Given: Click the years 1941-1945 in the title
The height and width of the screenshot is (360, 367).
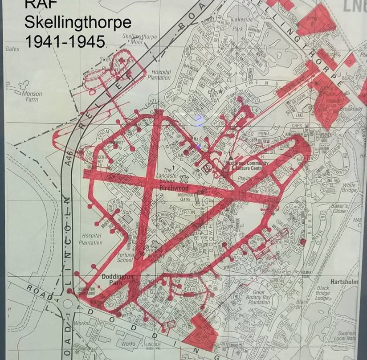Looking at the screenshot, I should point(65,41).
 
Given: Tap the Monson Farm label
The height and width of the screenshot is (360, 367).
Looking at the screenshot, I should point(31,97).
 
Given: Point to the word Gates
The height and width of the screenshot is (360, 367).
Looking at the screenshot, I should point(12,49).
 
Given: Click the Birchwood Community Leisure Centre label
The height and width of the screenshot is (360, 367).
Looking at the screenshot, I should point(247,166).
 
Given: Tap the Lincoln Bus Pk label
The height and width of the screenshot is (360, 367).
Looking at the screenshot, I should point(153,346).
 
